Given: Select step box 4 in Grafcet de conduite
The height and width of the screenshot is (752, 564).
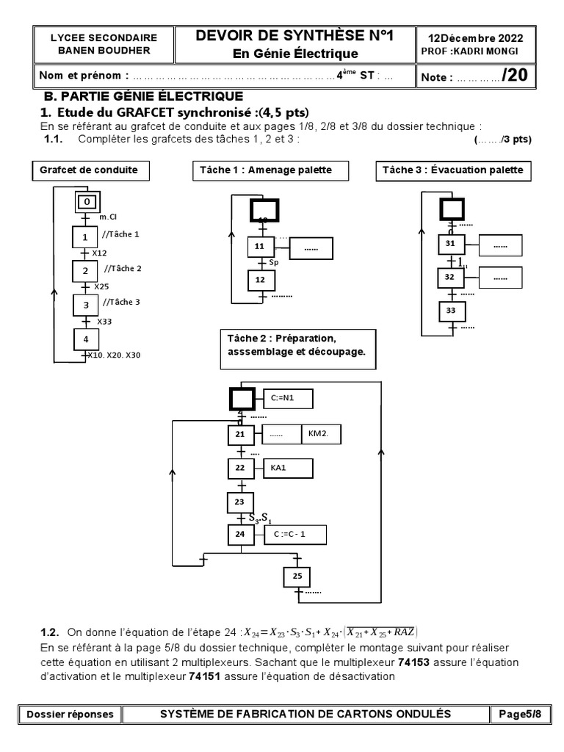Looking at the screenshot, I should pos(87,339).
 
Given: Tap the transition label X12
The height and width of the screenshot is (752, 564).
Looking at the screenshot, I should pos(98,253).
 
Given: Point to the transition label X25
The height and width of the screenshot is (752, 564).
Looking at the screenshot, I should pos(101,286).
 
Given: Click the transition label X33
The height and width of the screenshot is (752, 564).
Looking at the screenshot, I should pos(106,321).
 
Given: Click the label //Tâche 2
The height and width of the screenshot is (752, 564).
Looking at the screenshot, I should pos(123,269).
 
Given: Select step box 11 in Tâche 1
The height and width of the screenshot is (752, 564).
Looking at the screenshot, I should pos(260,247).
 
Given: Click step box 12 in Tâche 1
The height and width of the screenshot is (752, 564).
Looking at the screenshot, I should pos(260,281).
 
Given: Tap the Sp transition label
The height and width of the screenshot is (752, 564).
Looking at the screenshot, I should pos(275,261).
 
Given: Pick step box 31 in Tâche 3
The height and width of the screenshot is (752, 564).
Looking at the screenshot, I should pos(451,244).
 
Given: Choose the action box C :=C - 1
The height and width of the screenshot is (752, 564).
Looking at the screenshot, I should pos(294,535).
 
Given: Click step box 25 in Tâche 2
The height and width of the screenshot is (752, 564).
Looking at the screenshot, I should pos(297,577).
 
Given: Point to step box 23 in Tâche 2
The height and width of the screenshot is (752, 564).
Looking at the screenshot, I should pos(240,502).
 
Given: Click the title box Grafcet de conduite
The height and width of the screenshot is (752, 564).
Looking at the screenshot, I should pos(90,170).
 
